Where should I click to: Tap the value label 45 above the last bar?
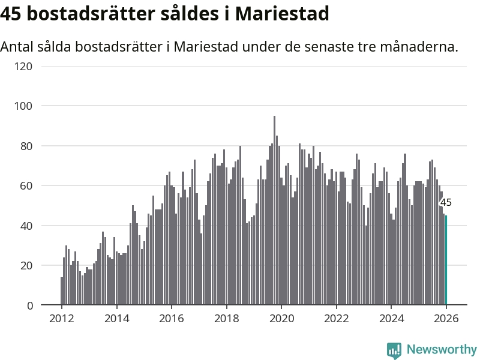click(446, 203)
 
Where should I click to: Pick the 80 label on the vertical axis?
click(26, 146)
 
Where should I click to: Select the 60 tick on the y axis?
click(26, 186)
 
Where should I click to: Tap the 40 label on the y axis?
click(26, 226)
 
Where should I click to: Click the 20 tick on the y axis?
click(26, 266)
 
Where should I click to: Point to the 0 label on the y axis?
click(29, 305)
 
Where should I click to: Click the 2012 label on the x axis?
click(61, 319)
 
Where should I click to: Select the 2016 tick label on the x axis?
click(171, 319)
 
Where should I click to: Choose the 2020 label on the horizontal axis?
click(281, 319)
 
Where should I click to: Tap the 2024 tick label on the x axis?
click(391, 319)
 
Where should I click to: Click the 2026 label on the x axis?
click(446, 319)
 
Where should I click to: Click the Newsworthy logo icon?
click(394, 350)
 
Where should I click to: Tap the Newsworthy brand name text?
click(442, 349)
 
